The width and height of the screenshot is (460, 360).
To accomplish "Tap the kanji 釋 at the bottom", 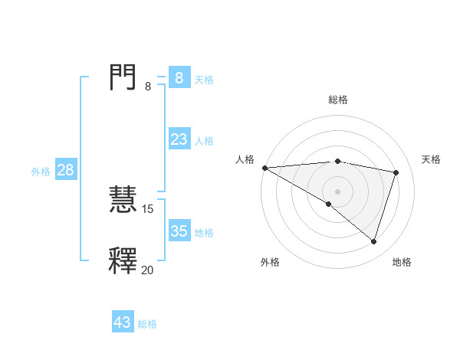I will click(x=123, y=260).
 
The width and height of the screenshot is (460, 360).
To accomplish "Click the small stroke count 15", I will click(x=148, y=208).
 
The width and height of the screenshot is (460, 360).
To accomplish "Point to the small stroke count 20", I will click(x=147, y=270).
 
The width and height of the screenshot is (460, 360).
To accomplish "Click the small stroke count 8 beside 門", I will click(x=148, y=87).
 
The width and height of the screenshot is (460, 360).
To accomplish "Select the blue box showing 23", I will click(x=179, y=139).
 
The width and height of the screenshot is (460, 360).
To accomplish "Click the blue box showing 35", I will click(x=179, y=231).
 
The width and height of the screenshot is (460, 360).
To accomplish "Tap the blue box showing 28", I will click(x=65, y=170).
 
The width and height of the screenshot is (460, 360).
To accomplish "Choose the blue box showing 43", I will click(x=123, y=322).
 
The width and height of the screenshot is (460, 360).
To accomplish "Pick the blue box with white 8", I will click(x=179, y=78).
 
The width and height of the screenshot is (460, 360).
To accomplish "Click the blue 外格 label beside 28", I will click(x=41, y=172).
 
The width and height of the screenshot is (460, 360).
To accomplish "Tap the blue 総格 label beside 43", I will click(x=147, y=324).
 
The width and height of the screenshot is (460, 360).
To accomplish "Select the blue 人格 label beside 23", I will click(x=204, y=141).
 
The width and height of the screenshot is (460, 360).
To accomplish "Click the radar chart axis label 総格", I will click(x=337, y=100).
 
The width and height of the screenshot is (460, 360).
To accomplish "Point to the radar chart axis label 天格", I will click(x=432, y=159).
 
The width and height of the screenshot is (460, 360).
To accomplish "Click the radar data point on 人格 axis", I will click(x=264, y=168).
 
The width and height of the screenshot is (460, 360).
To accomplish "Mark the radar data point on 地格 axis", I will click(x=373, y=241).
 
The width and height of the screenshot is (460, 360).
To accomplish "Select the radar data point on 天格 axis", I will click(x=396, y=172).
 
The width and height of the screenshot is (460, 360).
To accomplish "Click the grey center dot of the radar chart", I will click(x=337, y=191).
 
